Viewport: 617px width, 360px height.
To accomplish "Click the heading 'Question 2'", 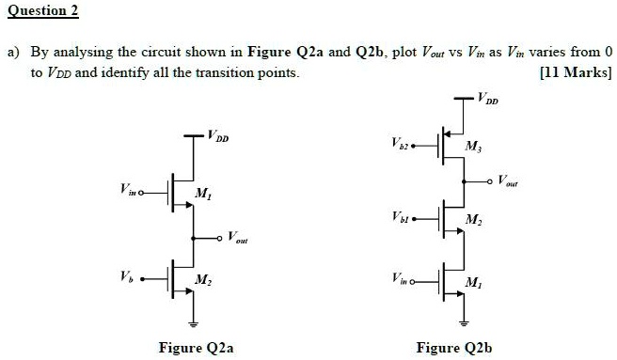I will [x=41, y=11].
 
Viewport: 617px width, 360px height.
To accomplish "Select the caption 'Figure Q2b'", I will [x=453, y=348].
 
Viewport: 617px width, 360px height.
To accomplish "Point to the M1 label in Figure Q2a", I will [x=201, y=194].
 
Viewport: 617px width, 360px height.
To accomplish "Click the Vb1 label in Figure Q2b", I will [x=398, y=219].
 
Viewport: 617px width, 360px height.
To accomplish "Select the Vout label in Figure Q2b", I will [x=508, y=179].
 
